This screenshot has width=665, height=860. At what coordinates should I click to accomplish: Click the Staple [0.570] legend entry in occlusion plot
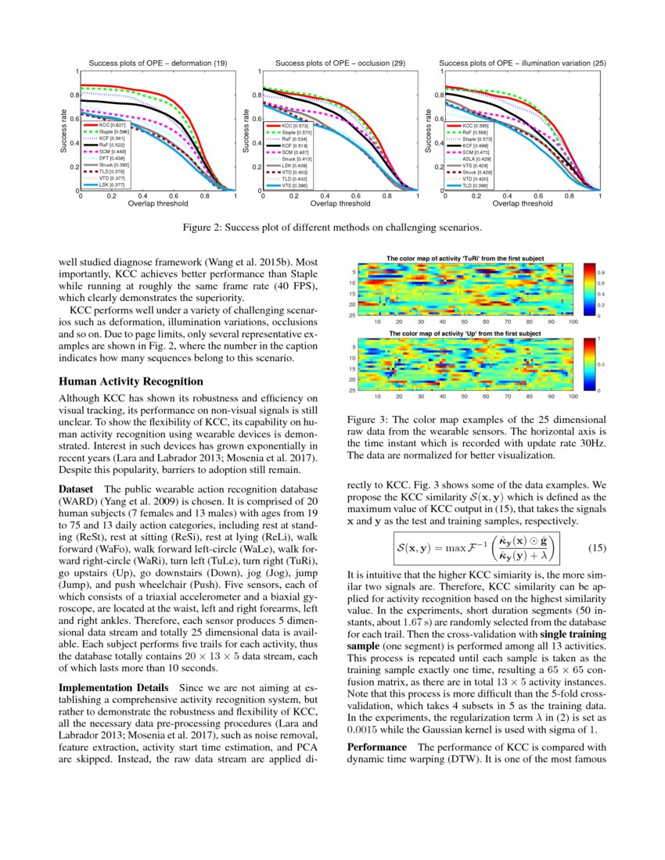point(288,132)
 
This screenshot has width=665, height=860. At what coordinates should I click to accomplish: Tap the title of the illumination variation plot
point(523,63)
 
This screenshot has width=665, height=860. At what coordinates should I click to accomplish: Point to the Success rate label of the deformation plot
point(64,131)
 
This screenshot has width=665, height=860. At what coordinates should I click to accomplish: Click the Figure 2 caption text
point(332,228)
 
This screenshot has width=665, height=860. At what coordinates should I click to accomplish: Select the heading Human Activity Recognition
point(131,381)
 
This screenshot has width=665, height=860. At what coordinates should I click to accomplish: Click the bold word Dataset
point(77,489)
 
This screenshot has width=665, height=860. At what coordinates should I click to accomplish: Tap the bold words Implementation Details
point(115,687)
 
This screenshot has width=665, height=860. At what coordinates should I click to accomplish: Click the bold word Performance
point(379,747)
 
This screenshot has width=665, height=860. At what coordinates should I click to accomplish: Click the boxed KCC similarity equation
point(476,547)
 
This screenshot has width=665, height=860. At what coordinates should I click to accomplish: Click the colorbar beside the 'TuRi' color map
point(589,289)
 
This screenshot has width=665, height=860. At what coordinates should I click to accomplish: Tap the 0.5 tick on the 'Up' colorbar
point(602,364)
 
